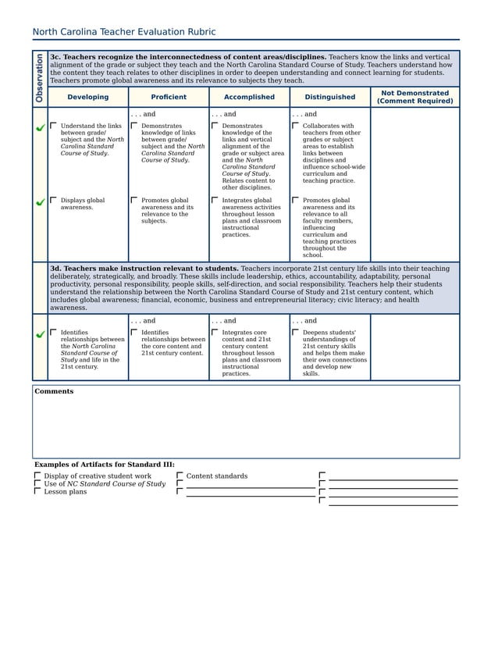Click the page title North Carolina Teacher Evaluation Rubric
(x=123, y=32)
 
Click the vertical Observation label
(x=39, y=78)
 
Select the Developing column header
(x=87, y=98)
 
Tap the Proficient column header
(x=169, y=98)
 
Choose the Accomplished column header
(x=249, y=98)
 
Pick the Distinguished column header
(x=329, y=98)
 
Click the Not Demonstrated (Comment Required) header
(x=414, y=97)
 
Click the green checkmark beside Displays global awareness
(x=40, y=202)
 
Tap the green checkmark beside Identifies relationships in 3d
(x=40, y=334)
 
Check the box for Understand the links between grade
(x=54, y=125)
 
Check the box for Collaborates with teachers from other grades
(x=296, y=125)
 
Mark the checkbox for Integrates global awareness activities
(x=215, y=200)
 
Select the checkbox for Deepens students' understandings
(x=296, y=332)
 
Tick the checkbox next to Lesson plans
(x=37, y=492)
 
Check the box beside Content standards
(x=180, y=476)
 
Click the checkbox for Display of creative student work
(x=37, y=476)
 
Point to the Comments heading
(x=54, y=391)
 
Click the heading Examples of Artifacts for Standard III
(x=104, y=465)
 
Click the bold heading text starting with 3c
(x=187, y=57)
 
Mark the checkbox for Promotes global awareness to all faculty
(x=296, y=200)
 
